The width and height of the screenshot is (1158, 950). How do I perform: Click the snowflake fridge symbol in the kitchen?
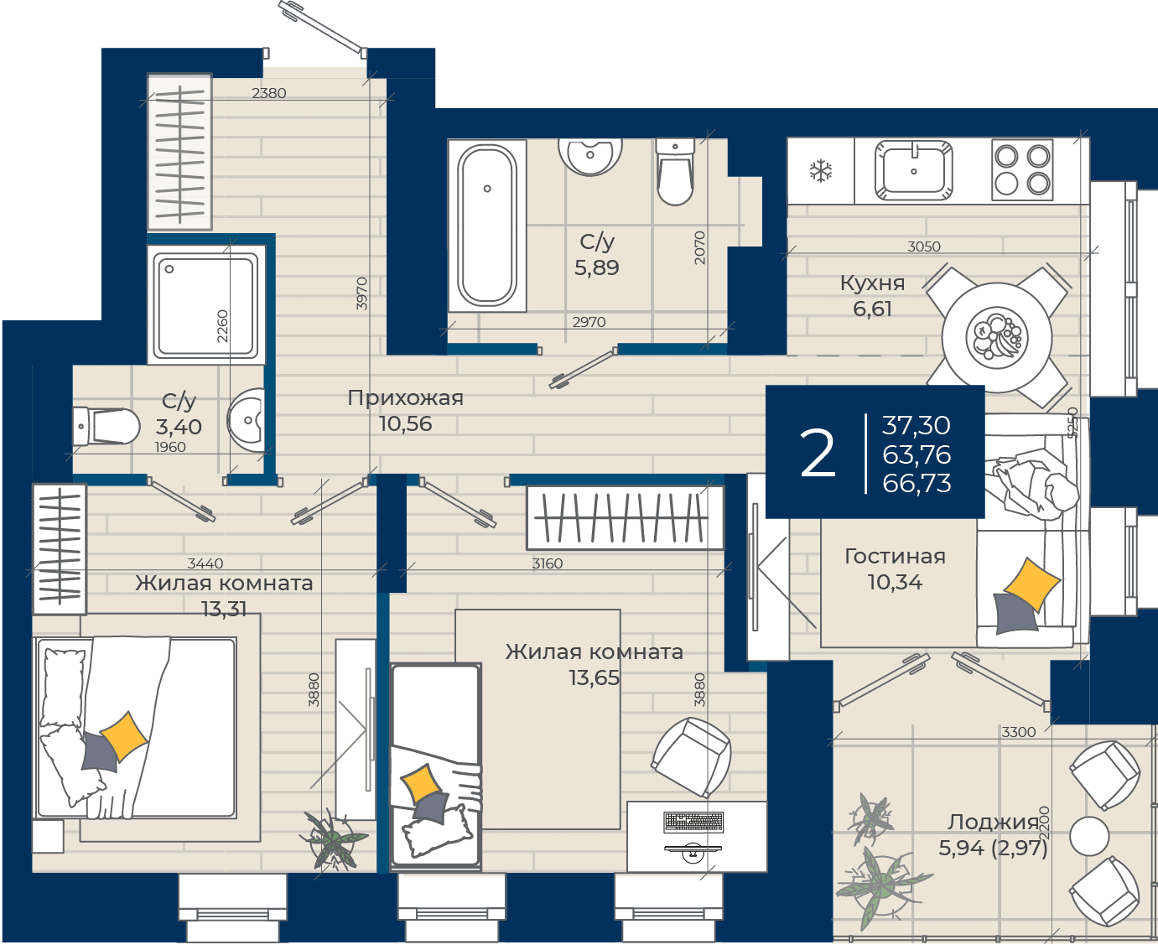pos(821,171)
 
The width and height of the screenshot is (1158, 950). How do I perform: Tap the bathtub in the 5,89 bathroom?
pos(487,225)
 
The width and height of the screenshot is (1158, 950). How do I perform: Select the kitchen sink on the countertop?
pos(913,170)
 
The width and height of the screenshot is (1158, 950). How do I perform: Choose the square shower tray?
pos(206,304)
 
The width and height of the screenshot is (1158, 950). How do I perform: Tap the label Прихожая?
pos(405,397)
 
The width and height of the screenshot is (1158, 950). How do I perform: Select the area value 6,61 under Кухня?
pos(872,309)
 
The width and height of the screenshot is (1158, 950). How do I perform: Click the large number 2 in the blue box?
pos(818,454)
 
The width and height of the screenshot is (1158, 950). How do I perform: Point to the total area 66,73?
pos(917,483)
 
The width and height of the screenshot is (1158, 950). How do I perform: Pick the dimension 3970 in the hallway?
pos(361,293)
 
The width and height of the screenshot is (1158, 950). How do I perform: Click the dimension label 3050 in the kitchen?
pos(923,247)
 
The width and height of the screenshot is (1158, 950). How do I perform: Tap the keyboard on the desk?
pos(693,822)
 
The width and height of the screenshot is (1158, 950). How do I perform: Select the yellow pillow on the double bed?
pos(124,736)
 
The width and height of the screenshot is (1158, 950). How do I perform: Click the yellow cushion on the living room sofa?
pos(1031,584)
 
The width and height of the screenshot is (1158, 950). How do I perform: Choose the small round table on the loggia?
pos(1088,836)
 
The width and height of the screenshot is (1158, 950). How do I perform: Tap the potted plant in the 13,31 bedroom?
pos(333,838)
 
